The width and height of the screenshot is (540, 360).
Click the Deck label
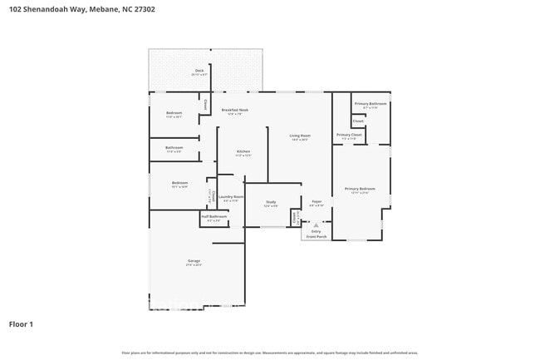199,71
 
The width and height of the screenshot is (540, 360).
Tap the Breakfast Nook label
234,111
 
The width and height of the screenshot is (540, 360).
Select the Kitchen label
242,151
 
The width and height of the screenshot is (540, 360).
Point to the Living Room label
299,136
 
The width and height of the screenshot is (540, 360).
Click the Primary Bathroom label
371,104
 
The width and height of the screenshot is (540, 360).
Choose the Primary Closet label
349,135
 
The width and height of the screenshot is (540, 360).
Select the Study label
271,202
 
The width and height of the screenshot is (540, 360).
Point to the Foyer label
317,202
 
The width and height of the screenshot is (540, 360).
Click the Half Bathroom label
214,216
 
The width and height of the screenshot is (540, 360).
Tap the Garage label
194,261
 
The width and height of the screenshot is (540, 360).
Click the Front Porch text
316,237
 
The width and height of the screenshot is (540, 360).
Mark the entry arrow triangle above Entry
316,224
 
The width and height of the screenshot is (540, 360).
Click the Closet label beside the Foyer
294,216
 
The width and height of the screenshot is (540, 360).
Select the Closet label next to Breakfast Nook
205,106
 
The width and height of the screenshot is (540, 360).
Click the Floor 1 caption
21,323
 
